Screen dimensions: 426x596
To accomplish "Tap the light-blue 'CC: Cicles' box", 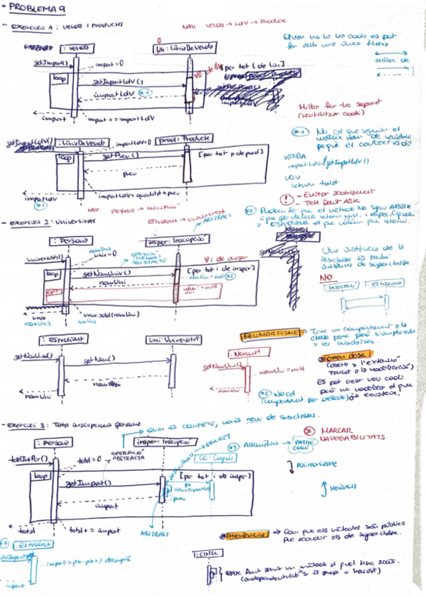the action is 208,457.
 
